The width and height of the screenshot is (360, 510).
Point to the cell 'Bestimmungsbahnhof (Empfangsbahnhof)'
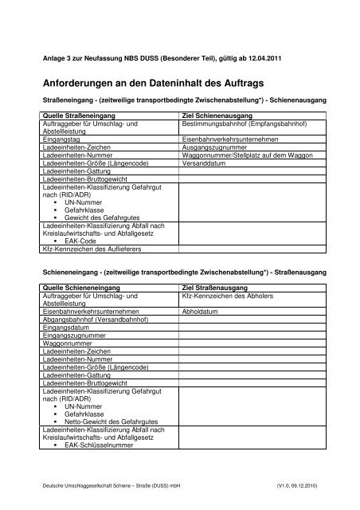(238, 124)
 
